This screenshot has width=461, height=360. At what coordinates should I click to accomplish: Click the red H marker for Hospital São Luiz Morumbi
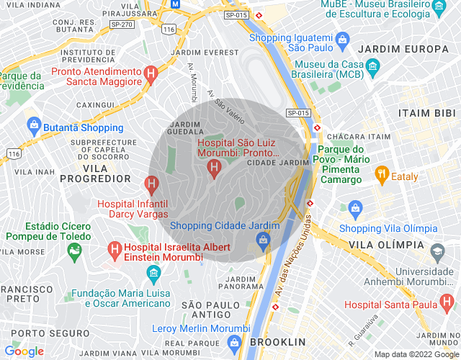click(213, 168)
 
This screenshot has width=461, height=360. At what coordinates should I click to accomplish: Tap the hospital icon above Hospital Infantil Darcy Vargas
click(151, 185)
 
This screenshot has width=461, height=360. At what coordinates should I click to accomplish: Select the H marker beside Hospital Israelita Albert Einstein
click(114, 248)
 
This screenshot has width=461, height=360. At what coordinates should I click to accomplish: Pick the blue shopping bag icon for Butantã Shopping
click(33, 127)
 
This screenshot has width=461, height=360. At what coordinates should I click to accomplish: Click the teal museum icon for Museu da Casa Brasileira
click(372, 68)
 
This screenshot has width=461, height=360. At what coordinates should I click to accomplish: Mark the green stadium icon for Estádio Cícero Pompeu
click(73, 251)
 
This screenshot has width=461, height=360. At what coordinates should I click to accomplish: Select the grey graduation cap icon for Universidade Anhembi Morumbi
click(437, 252)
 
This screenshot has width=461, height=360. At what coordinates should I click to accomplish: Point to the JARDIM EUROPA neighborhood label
click(403, 49)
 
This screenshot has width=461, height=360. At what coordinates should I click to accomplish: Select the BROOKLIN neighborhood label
click(279, 342)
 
